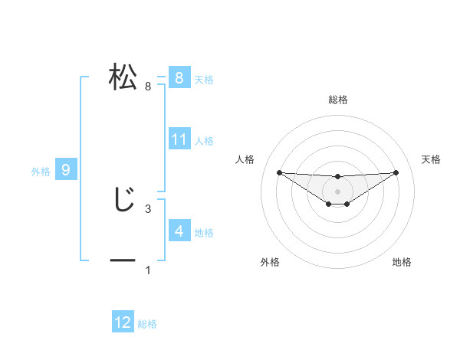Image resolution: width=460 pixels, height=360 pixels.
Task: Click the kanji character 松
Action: [123, 77]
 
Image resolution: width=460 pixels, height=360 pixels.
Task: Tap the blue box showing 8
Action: [179, 77]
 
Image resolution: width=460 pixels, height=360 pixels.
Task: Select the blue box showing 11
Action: [179, 139]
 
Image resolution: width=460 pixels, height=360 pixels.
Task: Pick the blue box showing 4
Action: [179, 231]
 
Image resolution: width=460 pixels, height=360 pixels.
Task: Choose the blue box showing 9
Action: [66, 170]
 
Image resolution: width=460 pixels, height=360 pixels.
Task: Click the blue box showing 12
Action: [123, 322]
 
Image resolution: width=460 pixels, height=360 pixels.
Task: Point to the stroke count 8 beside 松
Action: [148, 87]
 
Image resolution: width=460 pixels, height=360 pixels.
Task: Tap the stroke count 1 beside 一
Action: [148, 270]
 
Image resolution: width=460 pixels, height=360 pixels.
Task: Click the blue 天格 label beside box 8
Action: [204, 79]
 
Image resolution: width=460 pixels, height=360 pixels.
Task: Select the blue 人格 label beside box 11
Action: [204, 141]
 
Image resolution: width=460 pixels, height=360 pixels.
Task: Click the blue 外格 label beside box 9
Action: [41, 172]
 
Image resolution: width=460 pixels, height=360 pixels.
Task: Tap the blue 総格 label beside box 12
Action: [147, 324]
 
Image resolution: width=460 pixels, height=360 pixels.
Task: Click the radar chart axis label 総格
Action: [337, 100]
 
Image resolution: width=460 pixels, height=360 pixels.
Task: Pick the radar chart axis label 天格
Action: [432, 159]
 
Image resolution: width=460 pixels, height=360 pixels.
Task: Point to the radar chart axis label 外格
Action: [269, 262]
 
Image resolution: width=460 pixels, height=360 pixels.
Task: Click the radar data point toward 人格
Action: [279, 172]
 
